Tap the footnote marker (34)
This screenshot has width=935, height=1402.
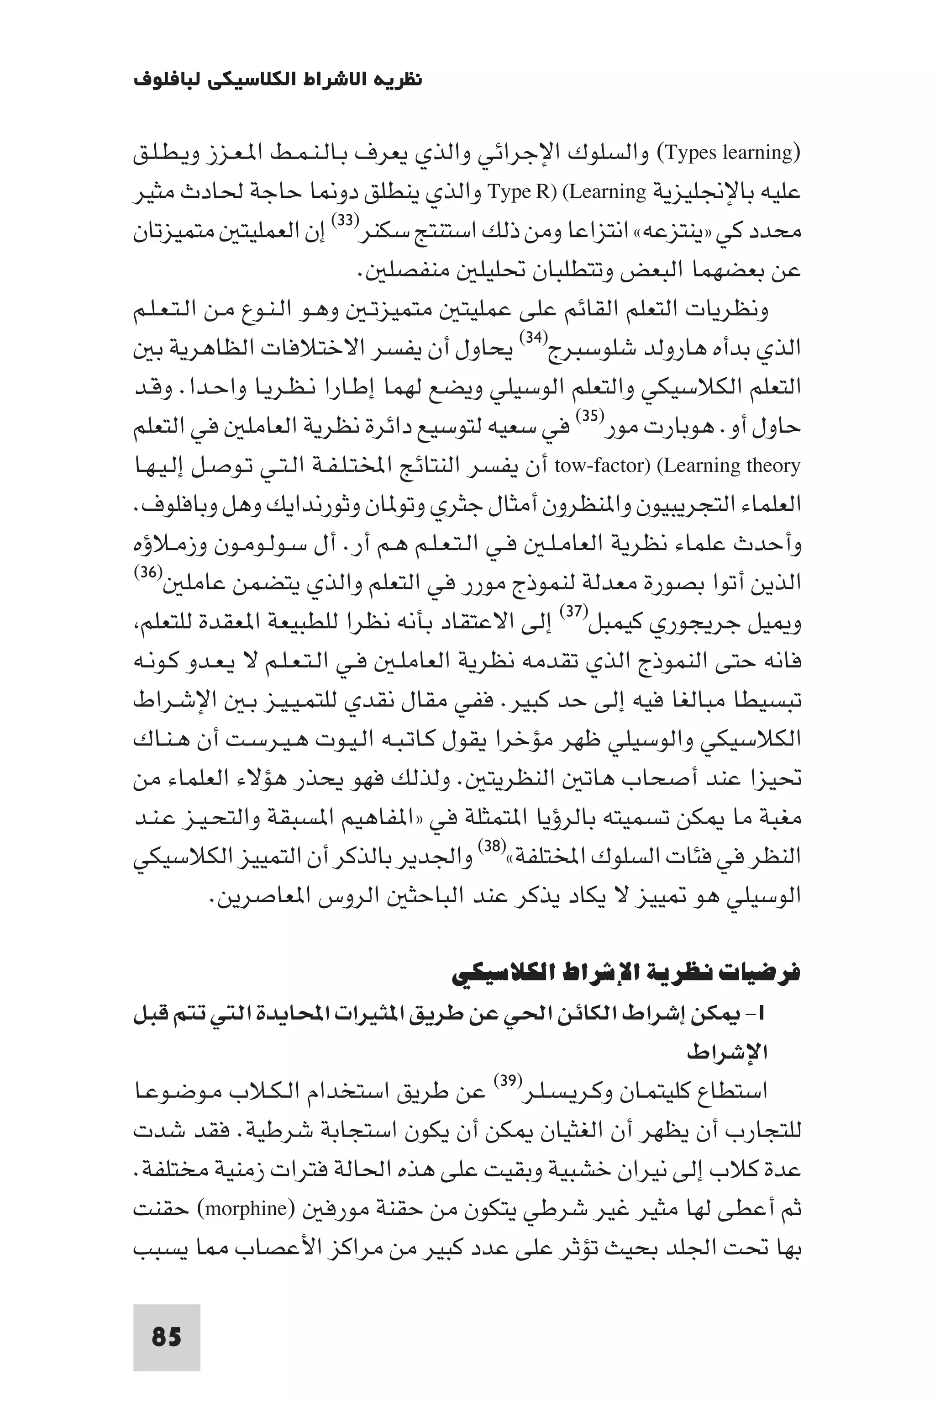click(x=530, y=338)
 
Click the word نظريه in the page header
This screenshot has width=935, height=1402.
click(x=398, y=80)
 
